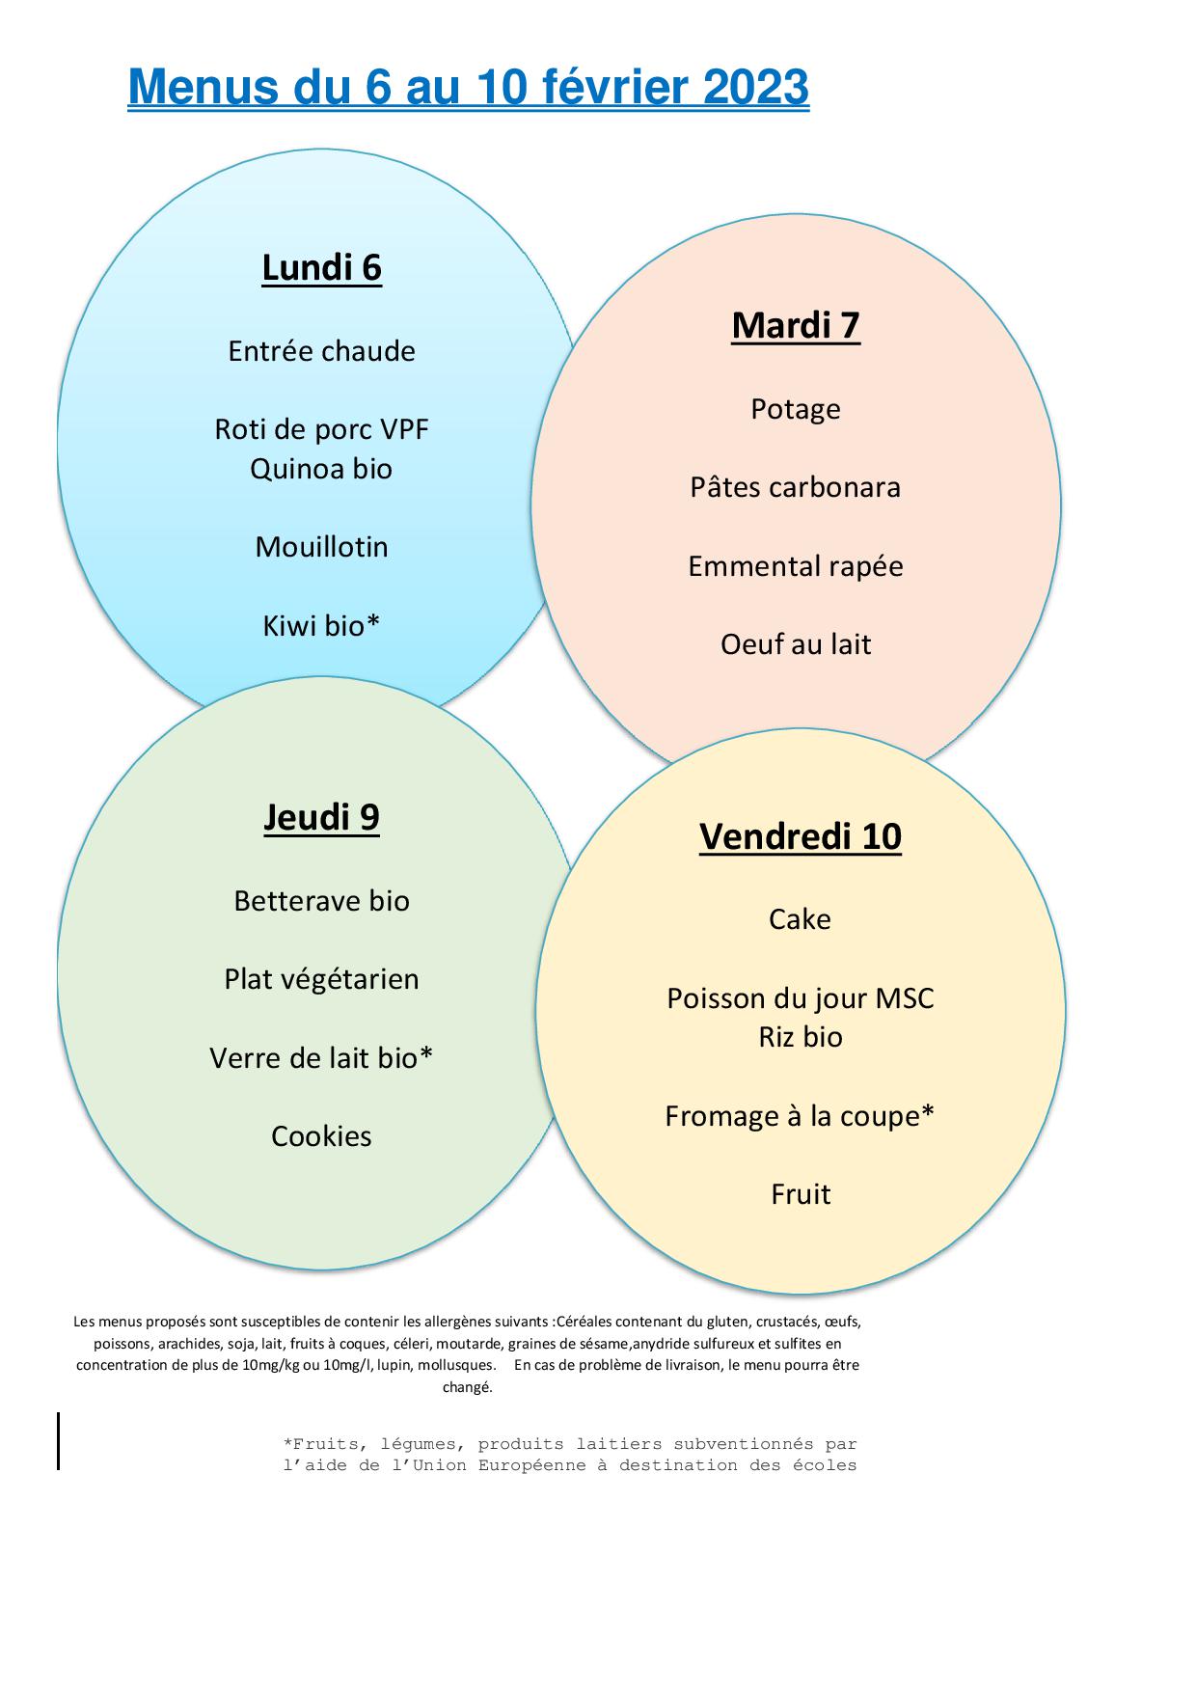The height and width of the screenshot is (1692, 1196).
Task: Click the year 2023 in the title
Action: (x=755, y=87)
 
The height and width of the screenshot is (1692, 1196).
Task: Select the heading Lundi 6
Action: (x=321, y=267)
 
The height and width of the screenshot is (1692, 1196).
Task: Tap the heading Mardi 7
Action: (x=796, y=325)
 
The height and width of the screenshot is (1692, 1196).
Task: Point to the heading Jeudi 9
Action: (x=321, y=817)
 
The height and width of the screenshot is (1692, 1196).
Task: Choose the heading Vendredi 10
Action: (x=801, y=836)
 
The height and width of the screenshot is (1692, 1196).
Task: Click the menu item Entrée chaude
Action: (x=321, y=351)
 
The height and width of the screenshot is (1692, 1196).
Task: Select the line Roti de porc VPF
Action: (x=321, y=429)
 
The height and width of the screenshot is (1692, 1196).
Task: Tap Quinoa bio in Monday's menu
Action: (x=321, y=469)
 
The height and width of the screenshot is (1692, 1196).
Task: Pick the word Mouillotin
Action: (x=321, y=547)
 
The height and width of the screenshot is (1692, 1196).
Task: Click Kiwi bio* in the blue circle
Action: (x=321, y=626)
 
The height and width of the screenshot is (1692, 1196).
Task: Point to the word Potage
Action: (x=796, y=410)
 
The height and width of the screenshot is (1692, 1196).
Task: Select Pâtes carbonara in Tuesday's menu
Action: (x=796, y=487)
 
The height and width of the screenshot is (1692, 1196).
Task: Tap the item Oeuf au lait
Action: (x=796, y=644)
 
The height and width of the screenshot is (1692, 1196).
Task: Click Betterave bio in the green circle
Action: (x=321, y=901)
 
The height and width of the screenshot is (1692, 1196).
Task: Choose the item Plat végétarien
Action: (x=321, y=980)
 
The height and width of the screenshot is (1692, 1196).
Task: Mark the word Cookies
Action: (x=321, y=1136)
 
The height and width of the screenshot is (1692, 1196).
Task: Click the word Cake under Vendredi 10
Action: (x=800, y=919)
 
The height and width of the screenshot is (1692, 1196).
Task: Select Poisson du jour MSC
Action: (x=801, y=998)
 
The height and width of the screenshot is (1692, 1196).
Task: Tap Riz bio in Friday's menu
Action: (x=801, y=1037)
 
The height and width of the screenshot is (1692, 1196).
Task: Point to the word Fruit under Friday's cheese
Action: (x=801, y=1194)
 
